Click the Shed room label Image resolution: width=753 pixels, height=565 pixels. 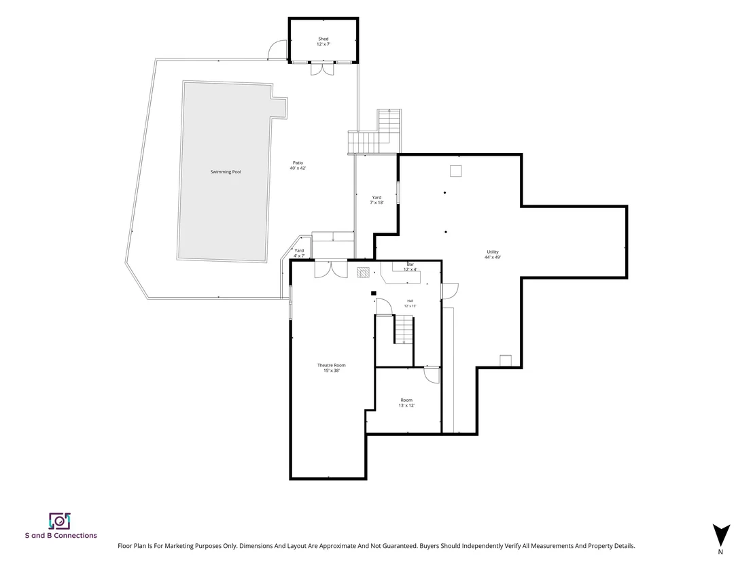point(323,41)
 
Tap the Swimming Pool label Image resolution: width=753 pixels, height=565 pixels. point(226,172)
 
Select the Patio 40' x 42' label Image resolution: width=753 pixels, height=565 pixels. point(298,166)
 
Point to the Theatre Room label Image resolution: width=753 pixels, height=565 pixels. point(332,368)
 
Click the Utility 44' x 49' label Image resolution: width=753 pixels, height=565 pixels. point(493,254)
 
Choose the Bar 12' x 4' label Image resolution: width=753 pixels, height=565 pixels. point(410,267)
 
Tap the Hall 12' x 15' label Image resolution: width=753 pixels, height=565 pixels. point(410,303)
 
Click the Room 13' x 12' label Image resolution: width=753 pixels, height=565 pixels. point(406,403)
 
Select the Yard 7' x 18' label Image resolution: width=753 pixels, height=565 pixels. point(376,200)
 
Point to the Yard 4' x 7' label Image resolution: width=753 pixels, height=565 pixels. point(299,253)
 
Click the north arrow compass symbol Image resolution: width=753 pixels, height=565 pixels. point(721,536)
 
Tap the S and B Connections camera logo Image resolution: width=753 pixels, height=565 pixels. point(60,521)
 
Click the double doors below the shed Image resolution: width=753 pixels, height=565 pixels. point(321,69)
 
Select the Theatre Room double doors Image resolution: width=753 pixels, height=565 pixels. point(331,269)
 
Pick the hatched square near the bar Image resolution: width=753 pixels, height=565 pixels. point(364,272)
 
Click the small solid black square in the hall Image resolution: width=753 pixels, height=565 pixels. point(374,293)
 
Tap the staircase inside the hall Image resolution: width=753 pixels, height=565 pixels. point(404,329)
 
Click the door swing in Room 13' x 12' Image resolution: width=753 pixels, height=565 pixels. point(432,375)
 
